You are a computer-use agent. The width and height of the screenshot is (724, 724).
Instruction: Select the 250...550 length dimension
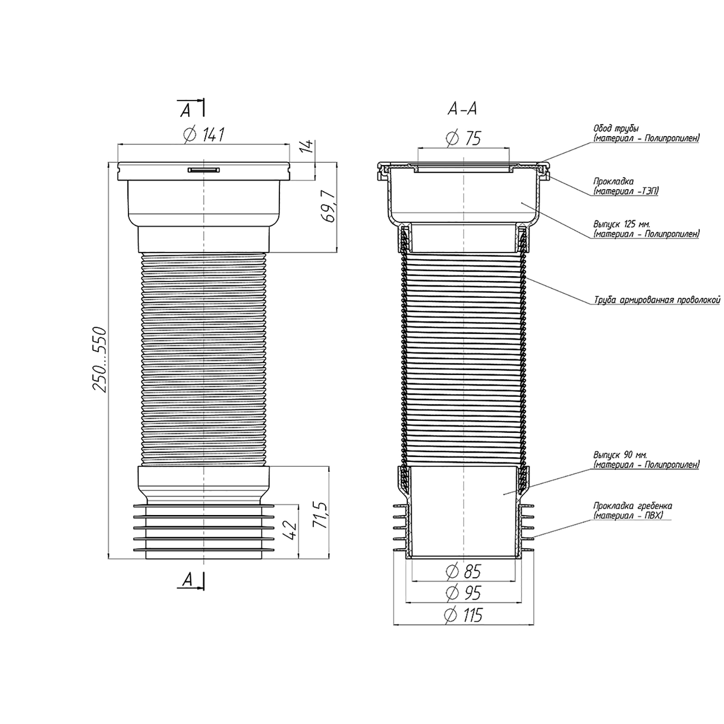pyautogui.click(x=99, y=360)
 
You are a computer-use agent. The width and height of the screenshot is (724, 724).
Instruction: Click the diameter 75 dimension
pyautogui.click(x=464, y=138)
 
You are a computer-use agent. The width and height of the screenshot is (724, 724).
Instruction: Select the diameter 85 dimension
pyautogui.click(x=464, y=572)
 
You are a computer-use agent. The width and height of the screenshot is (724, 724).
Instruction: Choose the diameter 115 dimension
pyautogui.click(x=464, y=616)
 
